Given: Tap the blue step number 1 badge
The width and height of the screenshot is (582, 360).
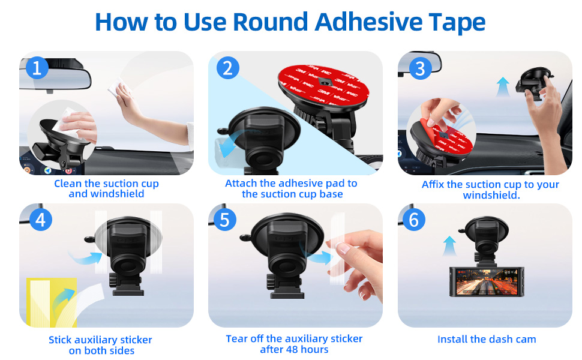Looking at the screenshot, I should [37, 68].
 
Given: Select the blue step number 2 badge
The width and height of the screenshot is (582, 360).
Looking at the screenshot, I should [227, 68].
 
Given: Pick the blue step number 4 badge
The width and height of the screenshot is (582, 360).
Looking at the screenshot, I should [40, 220].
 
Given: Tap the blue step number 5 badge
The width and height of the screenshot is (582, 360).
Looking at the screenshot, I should [224, 220].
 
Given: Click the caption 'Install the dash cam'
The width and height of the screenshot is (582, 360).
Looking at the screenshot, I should [487, 340].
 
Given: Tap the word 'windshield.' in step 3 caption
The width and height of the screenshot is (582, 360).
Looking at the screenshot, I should [491, 196].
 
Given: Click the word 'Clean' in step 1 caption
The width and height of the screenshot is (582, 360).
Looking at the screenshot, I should [67, 184].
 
